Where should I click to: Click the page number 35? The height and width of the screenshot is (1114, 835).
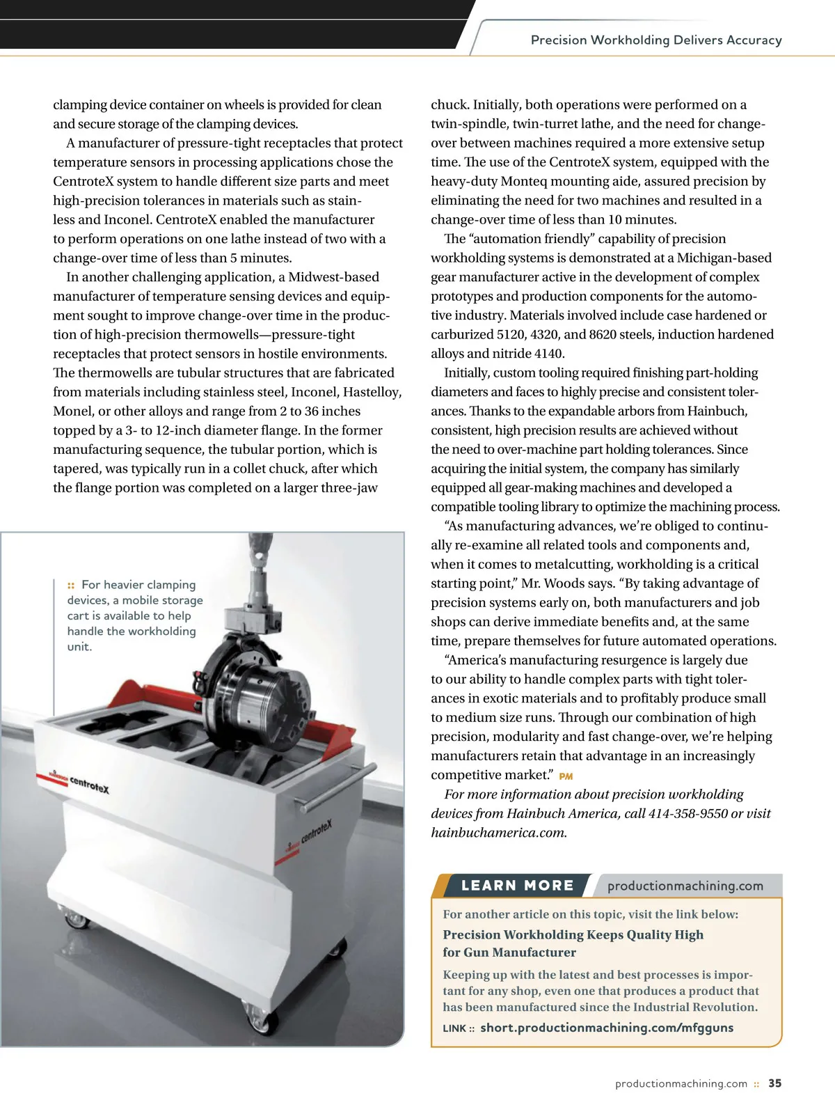(774, 1083)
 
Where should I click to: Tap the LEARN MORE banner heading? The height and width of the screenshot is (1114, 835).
(518, 886)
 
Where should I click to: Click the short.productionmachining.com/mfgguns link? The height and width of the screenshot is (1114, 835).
(606, 1028)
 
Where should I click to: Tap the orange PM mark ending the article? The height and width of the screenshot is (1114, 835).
(566, 776)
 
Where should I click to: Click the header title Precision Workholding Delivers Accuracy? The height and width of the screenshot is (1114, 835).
(656, 40)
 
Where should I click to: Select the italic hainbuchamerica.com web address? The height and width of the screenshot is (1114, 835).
(498, 833)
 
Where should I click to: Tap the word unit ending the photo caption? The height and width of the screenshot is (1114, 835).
(79, 647)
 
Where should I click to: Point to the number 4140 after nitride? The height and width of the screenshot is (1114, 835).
(549, 354)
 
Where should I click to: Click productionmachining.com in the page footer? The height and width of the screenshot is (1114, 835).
(681, 1083)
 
